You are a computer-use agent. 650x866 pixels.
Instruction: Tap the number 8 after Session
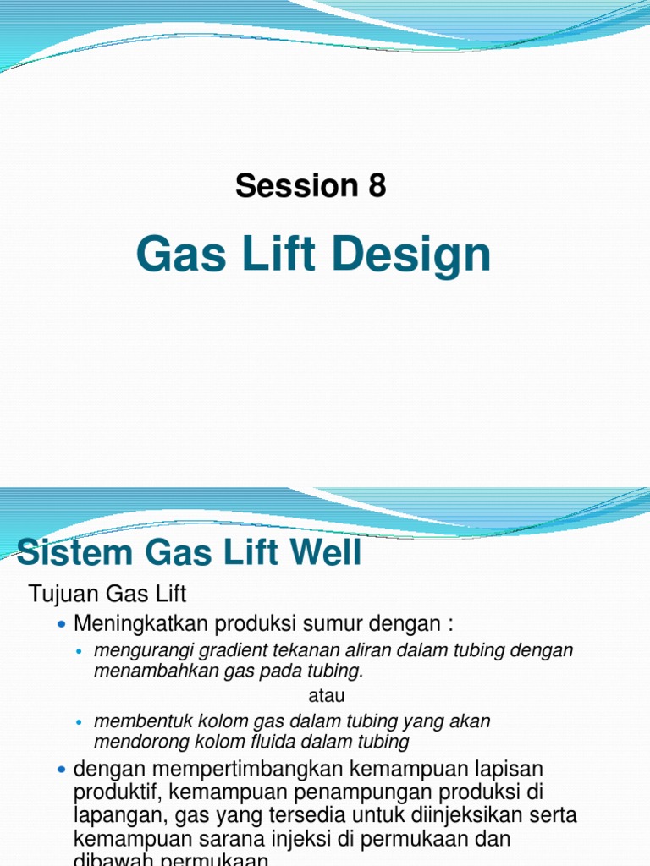[x=377, y=185]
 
